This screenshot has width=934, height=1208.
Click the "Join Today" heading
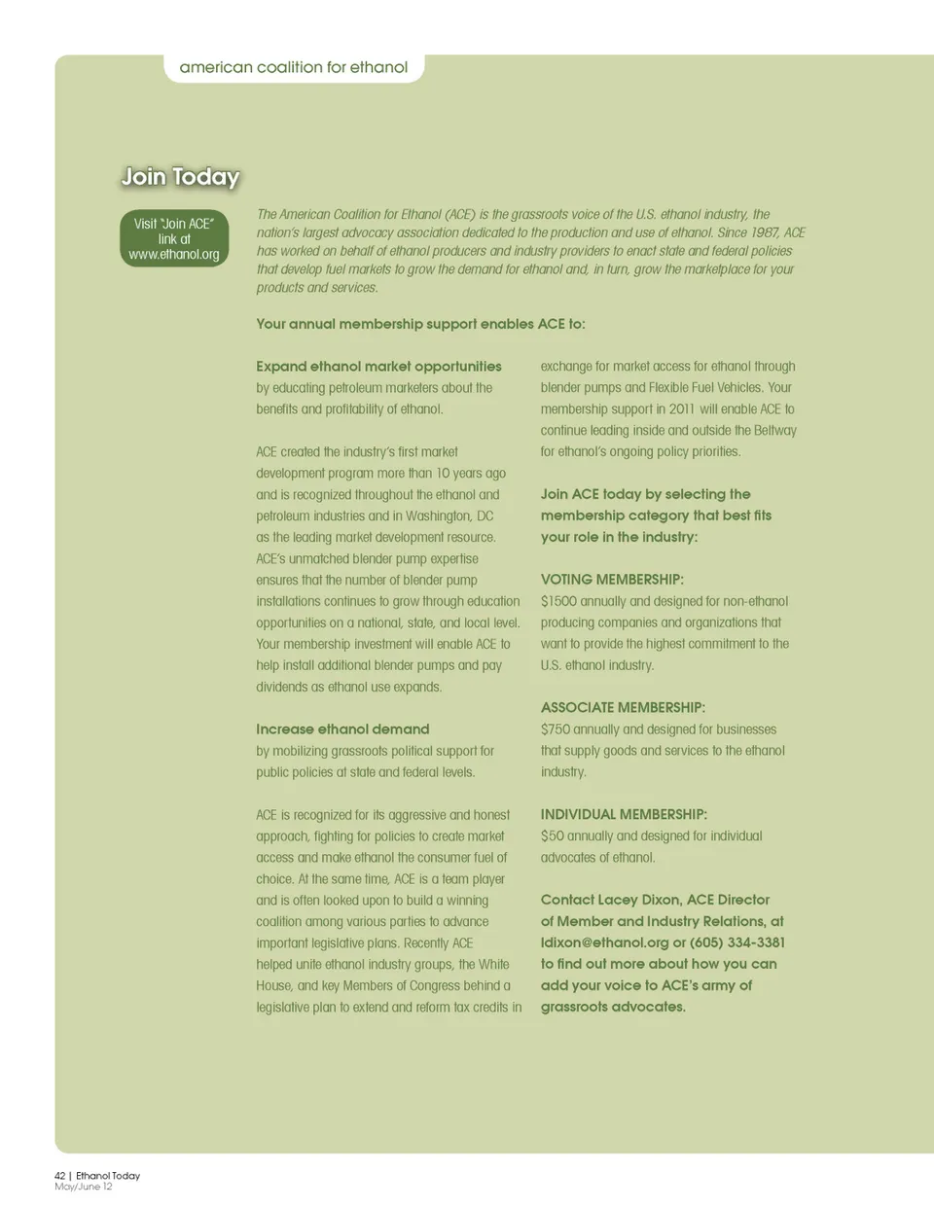click(180, 177)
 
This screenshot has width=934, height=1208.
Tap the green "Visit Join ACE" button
click(174, 238)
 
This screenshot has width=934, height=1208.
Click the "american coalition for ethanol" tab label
click(294, 67)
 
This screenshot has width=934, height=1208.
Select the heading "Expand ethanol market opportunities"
click(378, 367)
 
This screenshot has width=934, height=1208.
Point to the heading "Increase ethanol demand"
click(342, 729)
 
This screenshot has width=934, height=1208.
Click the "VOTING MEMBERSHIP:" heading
click(612, 580)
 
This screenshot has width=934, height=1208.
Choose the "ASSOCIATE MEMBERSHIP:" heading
click(623, 708)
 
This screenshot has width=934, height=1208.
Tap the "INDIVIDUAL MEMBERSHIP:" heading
click(624, 814)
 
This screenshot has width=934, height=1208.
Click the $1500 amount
click(558, 601)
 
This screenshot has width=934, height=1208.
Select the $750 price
click(556, 729)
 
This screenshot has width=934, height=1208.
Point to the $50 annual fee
click(553, 835)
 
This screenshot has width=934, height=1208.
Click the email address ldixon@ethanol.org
click(604, 942)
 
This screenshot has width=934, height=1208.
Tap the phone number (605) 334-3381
click(737, 942)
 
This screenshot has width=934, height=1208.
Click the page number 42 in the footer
click(60, 1176)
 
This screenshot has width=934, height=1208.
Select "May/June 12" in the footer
click(84, 1187)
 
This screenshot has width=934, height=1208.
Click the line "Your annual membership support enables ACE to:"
click(420, 324)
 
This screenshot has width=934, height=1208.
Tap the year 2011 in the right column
click(681, 409)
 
